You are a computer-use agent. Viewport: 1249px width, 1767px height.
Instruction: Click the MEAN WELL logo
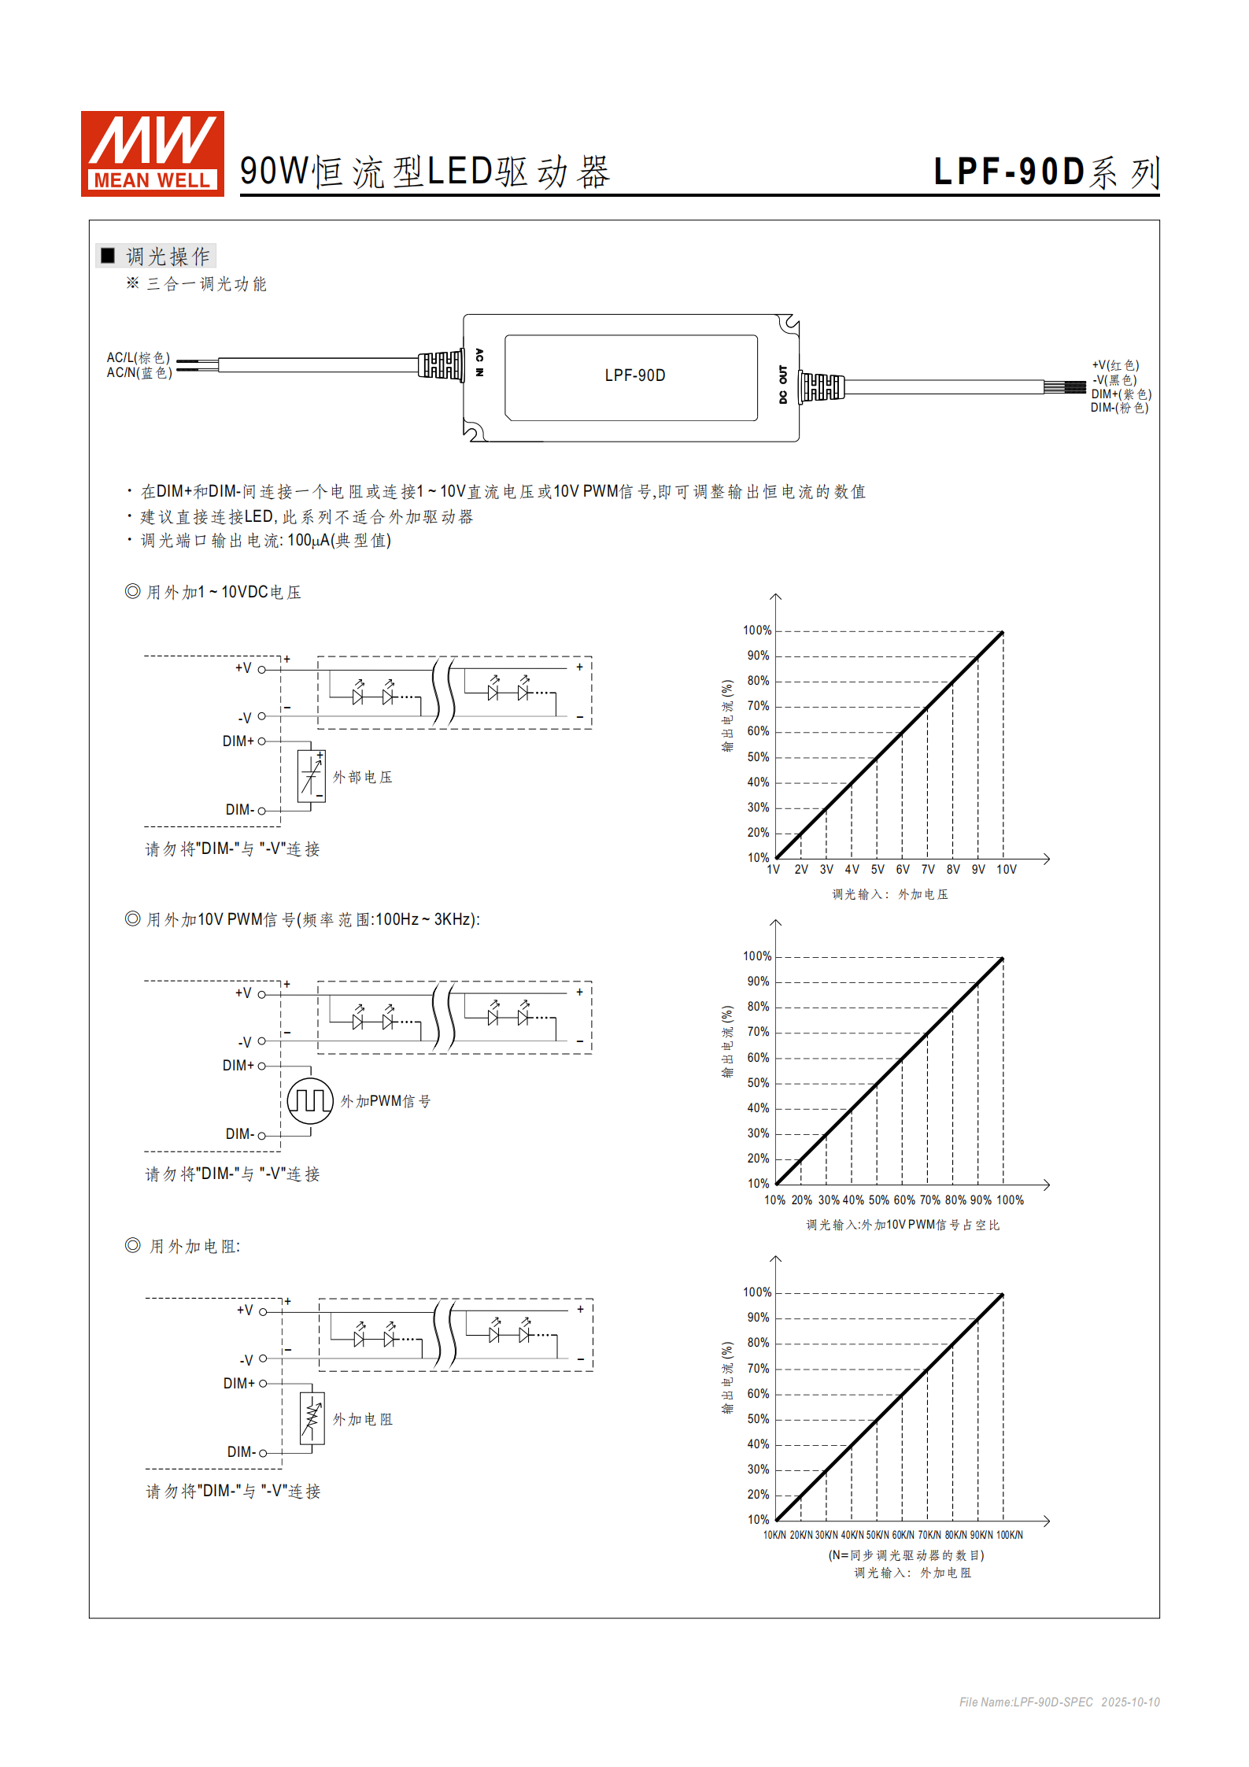click(x=152, y=153)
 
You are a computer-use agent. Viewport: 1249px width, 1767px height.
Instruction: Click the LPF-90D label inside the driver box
click(x=634, y=375)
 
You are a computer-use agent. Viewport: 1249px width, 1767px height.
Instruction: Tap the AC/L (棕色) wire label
click(x=139, y=358)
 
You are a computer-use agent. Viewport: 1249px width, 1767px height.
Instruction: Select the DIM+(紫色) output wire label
click(x=1121, y=394)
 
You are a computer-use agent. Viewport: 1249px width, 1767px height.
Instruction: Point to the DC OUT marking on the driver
click(x=782, y=385)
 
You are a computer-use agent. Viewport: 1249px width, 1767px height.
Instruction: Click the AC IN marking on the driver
click(x=479, y=362)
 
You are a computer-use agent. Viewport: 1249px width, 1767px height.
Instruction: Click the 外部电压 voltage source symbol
click(x=311, y=777)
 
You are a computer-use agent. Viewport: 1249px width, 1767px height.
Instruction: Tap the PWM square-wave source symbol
click(x=310, y=1100)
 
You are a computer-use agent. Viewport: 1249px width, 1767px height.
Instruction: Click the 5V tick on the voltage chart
click(x=878, y=870)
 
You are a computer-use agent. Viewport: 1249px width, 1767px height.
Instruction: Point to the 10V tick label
click(x=1006, y=870)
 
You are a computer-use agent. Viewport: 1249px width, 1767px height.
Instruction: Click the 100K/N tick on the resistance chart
click(x=1009, y=1535)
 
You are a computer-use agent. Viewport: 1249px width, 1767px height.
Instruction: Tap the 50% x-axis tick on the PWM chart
click(x=878, y=1200)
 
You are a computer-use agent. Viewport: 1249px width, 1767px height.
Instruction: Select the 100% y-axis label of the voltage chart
click(x=757, y=630)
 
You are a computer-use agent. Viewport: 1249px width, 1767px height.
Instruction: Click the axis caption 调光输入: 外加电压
click(x=890, y=894)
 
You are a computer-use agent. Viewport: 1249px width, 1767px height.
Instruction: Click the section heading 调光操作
click(x=167, y=256)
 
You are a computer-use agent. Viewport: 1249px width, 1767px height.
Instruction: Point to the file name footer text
click(x=1059, y=1702)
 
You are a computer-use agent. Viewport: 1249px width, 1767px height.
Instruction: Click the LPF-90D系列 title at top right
click(x=1046, y=172)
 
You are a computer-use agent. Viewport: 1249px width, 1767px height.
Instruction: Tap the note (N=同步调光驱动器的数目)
click(x=906, y=1555)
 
